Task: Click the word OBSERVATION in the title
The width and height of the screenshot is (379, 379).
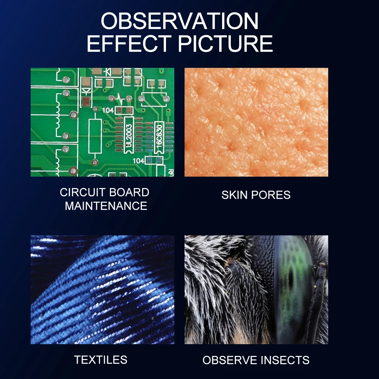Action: click(180, 21)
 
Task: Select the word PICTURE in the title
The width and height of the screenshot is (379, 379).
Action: click(225, 44)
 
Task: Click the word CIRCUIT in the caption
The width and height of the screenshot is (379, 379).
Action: click(82, 193)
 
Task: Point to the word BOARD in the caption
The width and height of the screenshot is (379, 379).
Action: click(129, 193)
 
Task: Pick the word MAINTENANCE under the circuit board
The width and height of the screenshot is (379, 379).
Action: click(106, 206)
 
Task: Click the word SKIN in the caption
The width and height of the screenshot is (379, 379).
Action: click(234, 195)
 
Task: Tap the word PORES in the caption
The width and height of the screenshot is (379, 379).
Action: click(271, 195)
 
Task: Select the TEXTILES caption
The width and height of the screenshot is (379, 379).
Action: click(100, 360)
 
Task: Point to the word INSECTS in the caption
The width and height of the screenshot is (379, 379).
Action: click(282, 360)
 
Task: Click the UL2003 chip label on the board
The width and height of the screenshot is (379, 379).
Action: click(129, 135)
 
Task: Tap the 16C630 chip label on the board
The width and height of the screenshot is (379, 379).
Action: click(159, 137)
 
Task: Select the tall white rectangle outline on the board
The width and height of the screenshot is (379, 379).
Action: click(95, 136)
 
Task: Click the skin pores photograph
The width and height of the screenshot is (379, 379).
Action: click(256, 122)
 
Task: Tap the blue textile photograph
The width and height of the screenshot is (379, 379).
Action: click(102, 290)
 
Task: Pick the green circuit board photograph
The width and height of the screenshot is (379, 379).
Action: click(102, 122)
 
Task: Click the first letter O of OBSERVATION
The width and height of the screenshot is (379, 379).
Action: click(110, 21)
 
